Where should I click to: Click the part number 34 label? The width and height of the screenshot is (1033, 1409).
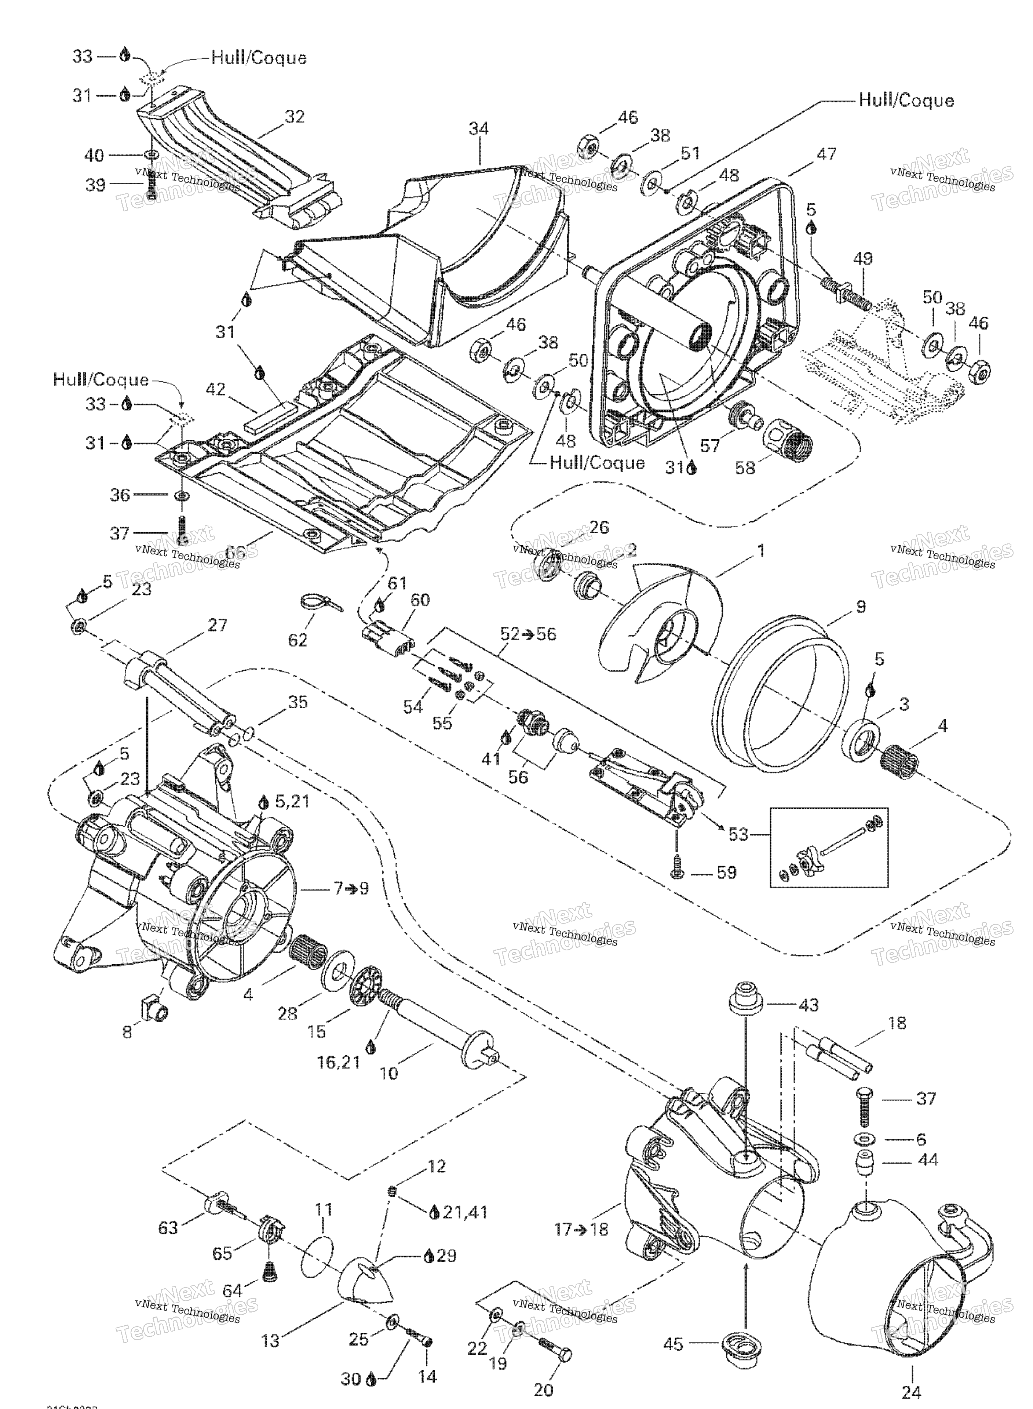click(479, 129)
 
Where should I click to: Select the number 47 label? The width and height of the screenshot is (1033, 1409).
click(826, 153)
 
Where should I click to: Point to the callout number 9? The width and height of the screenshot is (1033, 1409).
click(861, 606)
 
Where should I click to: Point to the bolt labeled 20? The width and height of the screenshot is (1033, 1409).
click(554, 1342)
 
